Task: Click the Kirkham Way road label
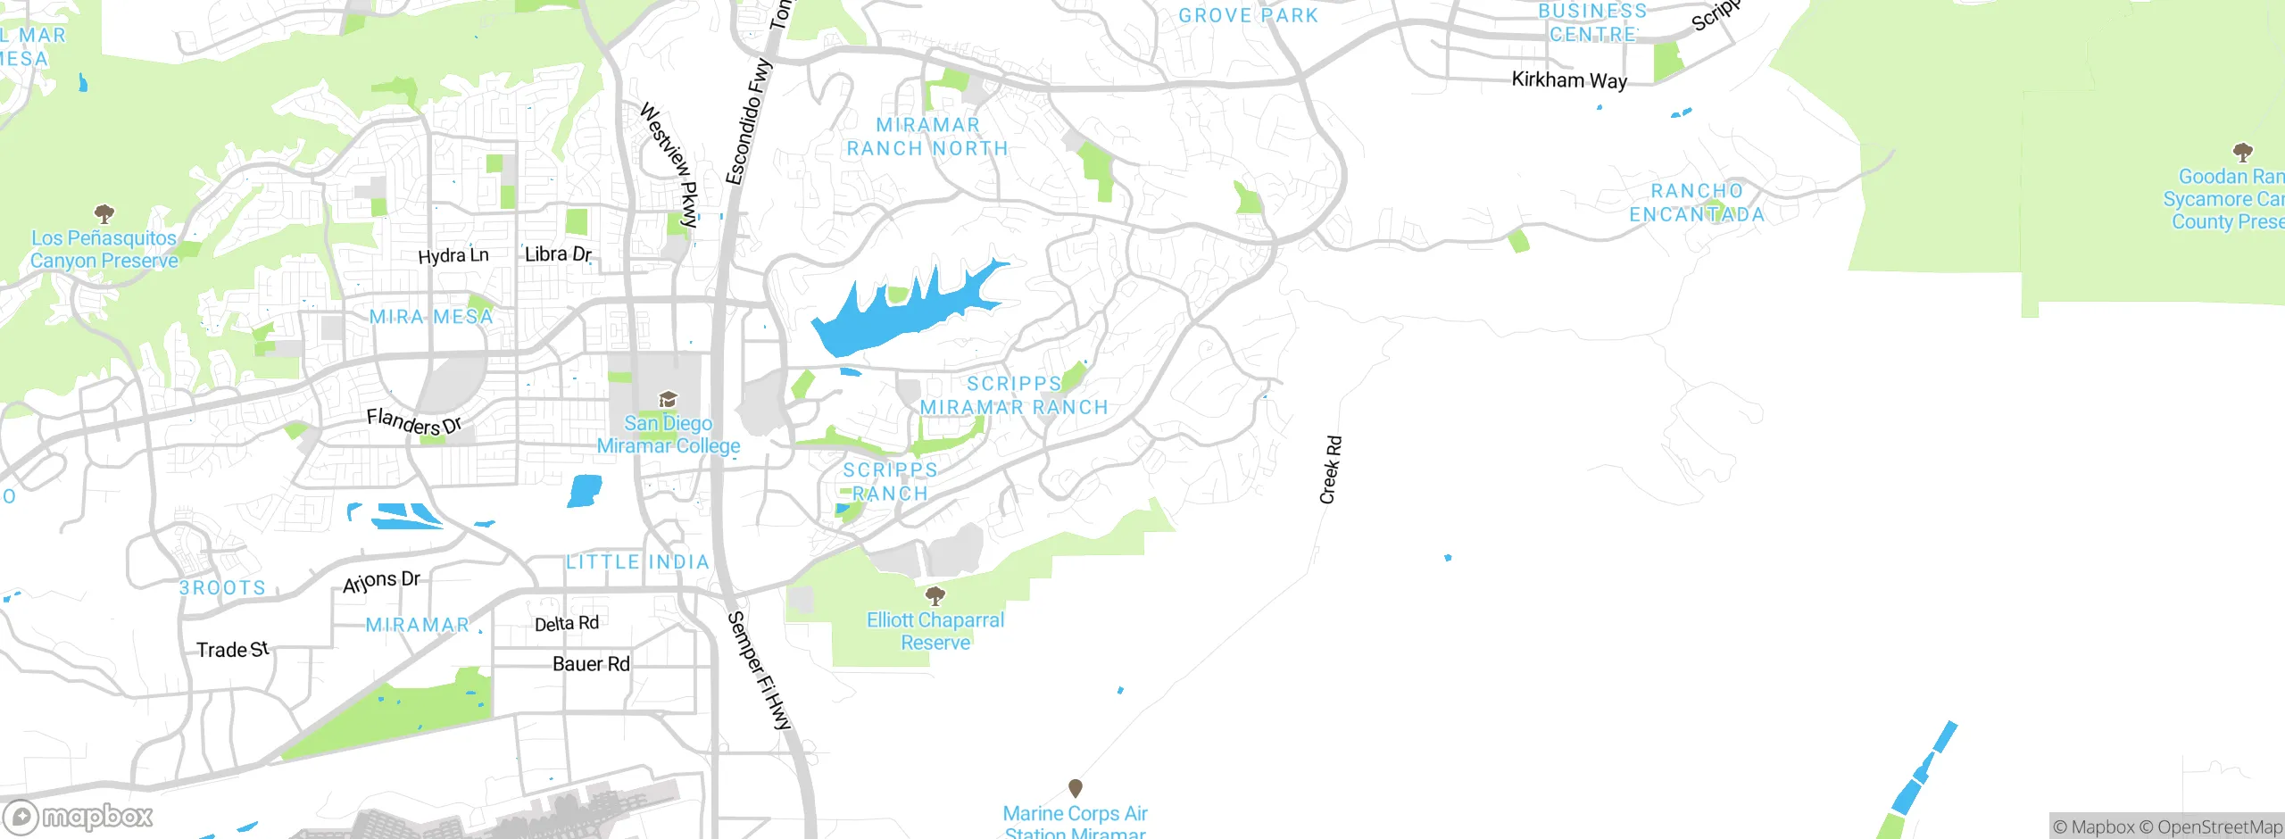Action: pos(1569,80)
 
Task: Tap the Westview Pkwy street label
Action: pos(669,164)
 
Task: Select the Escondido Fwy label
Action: pos(748,121)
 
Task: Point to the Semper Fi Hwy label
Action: pos(760,671)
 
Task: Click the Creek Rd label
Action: pos(1330,469)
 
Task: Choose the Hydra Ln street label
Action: pos(453,255)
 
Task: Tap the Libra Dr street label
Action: pos(558,254)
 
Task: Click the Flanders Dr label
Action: pos(414,420)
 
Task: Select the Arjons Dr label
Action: pos(381,581)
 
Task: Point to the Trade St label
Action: pos(232,650)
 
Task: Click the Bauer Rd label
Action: pos(591,664)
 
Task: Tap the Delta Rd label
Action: pos(566,623)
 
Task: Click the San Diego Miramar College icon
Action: pos(668,398)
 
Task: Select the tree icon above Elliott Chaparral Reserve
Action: pos(935,594)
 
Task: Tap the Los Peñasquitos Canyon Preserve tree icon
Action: pos(104,213)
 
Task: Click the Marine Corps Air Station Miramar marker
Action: pos(1075,788)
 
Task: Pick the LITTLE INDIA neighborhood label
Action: pos(637,562)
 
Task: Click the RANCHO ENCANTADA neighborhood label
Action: pos(1697,203)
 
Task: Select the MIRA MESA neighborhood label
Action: pos(431,317)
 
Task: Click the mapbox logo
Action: pos(79,817)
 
